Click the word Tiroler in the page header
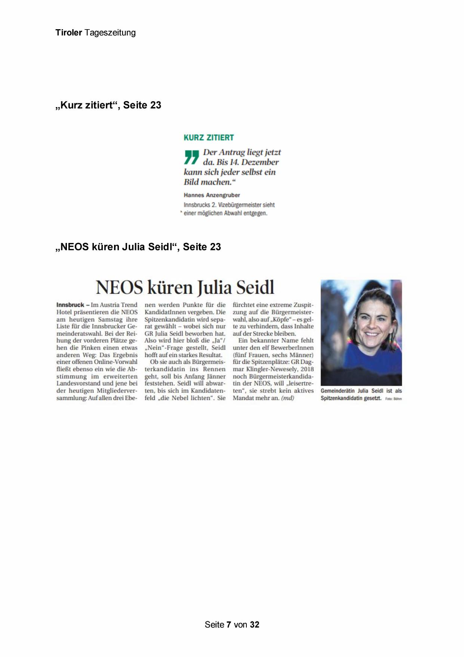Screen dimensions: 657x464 [x=68, y=33]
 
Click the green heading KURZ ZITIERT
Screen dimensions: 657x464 [x=209, y=137]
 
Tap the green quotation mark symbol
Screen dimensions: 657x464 [x=191, y=157]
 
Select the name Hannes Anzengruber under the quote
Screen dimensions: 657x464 [x=212, y=195]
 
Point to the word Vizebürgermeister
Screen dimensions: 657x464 [x=241, y=205]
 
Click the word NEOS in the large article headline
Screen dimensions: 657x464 [x=119, y=288]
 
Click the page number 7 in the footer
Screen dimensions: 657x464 [x=228, y=624]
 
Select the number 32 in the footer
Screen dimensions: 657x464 [x=255, y=624]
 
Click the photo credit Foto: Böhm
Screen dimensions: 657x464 [x=393, y=399]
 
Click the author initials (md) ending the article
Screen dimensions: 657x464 [x=288, y=398]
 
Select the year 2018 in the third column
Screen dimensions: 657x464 [x=307, y=369]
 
